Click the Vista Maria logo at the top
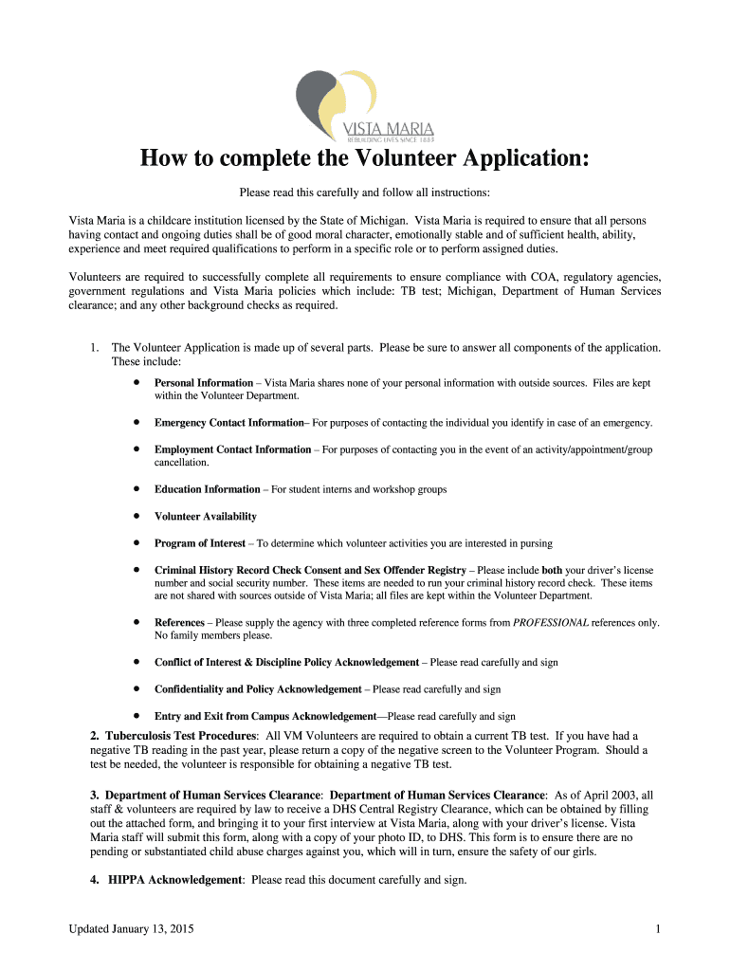point(364,104)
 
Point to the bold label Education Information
point(207,489)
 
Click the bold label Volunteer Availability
point(205,517)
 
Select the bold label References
point(179,623)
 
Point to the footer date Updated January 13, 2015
point(132,929)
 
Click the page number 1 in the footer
point(657,929)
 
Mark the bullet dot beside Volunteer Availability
point(137,516)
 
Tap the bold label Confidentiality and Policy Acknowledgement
point(258,689)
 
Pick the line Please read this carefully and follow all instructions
point(364,193)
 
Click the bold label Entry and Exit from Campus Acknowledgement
point(265,716)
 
